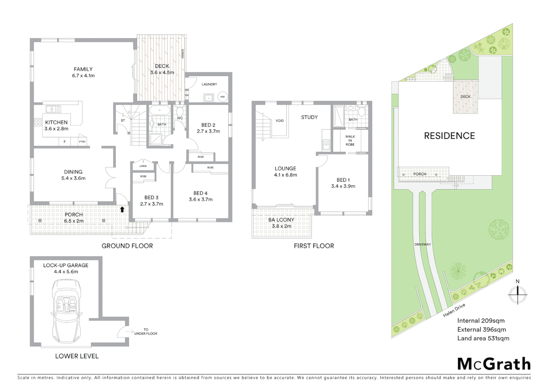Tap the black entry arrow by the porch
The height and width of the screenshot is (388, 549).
[x=122, y=209]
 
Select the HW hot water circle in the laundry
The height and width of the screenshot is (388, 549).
[x=222, y=97]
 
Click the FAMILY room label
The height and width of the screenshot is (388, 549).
[x=83, y=69]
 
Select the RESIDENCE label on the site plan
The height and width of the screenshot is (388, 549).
[x=449, y=136]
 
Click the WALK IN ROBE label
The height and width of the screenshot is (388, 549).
[x=350, y=140]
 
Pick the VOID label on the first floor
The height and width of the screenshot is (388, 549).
[x=280, y=121]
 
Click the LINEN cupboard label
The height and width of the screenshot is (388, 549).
[x=143, y=166]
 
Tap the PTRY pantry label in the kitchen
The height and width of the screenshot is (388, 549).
[x=82, y=142]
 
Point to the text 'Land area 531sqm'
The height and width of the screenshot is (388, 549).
[x=483, y=338]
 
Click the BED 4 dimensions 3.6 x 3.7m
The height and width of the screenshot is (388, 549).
[x=200, y=199]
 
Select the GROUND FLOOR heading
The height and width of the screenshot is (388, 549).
[x=127, y=246]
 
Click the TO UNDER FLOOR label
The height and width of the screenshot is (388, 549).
[x=146, y=332]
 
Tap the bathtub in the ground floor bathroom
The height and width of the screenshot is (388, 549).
[x=160, y=111]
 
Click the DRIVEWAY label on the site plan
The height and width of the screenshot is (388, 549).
[x=423, y=244]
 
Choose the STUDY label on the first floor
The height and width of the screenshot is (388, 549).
[x=309, y=117]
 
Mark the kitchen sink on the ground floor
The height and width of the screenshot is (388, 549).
[x=53, y=109]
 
